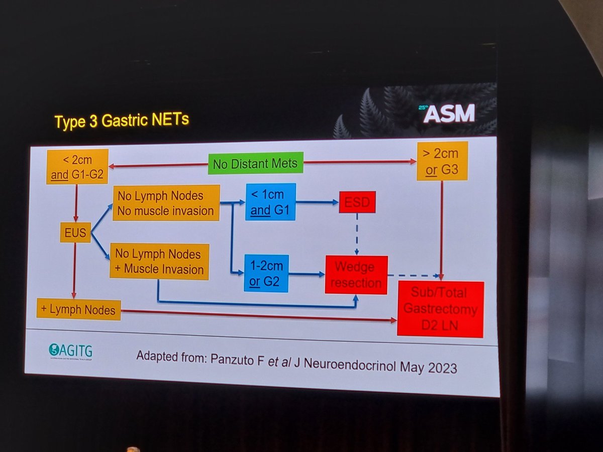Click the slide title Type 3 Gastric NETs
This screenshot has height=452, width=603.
point(121,121)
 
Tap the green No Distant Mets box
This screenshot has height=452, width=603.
point(255,164)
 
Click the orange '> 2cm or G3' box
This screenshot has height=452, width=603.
point(442,161)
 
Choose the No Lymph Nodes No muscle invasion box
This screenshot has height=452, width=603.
point(166,203)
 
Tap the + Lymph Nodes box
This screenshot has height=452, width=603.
point(79,308)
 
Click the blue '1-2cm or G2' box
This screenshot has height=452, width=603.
point(266,273)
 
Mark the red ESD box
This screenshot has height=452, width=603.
point(357,202)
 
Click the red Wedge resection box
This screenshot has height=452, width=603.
point(356,275)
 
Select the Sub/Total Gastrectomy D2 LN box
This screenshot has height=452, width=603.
point(440,309)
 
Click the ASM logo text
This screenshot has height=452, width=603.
point(448,114)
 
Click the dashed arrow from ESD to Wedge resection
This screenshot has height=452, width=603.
point(357,234)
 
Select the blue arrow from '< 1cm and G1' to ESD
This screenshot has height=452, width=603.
point(317,202)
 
